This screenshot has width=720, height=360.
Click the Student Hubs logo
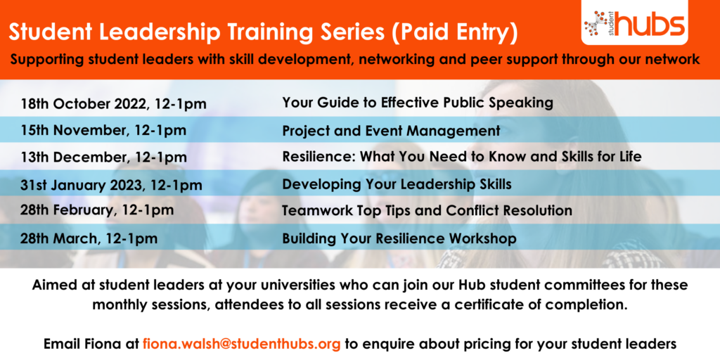(x=634, y=22)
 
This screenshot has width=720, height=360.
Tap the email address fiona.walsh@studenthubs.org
(x=242, y=343)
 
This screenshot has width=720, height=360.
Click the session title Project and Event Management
(x=391, y=131)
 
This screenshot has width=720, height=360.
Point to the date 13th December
(x=75, y=157)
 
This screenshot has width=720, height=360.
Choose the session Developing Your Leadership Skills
(x=397, y=185)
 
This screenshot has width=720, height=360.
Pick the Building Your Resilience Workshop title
(x=399, y=239)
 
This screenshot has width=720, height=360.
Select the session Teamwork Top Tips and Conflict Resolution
(x=427, y=211)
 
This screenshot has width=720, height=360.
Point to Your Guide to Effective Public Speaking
(x=418, y=103)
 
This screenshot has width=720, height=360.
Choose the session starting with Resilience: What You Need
(x=462, y=157)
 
